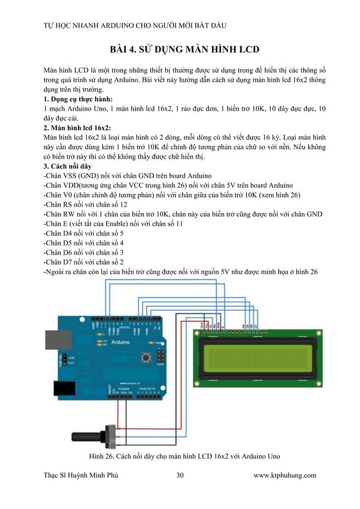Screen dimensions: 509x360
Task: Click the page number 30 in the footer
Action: point(179,475)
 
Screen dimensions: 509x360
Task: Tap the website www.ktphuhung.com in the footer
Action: point(285,475)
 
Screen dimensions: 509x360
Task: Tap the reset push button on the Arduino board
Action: point(147,357)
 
